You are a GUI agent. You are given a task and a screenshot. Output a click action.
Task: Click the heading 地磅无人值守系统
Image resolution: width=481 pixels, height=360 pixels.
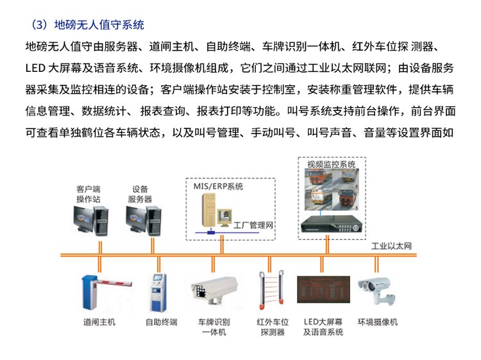pyautogui.click(x=99, y=25)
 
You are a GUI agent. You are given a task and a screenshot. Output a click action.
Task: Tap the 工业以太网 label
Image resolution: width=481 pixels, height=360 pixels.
pyautogui.click(x=391, y=246)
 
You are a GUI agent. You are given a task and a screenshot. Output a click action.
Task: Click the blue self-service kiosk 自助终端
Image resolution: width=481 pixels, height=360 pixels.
pyautogui.click(x=158, y=293)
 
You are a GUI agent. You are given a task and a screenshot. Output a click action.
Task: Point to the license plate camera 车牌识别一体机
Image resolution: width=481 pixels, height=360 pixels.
pyautogui.click(x=214, y=290)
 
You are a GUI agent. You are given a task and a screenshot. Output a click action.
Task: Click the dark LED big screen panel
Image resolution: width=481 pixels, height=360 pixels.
pyautogui.click(x=323, y=289)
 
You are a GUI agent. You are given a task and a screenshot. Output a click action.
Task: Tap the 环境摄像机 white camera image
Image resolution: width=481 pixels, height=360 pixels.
pyautogui.click(x=377, y=291)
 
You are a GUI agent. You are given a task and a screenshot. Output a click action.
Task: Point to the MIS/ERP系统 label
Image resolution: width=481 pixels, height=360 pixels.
pyautogui.click(x=218, y=186)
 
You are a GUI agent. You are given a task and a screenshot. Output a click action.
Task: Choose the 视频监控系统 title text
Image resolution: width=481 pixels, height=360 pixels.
pyautogui.click(x=332, y=164)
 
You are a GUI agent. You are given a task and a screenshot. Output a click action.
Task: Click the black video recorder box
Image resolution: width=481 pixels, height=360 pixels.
pyautogui.click(x=332, y=224)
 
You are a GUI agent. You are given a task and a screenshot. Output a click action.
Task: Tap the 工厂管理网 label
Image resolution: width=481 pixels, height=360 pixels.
pyautogui.click(x=253, y=225)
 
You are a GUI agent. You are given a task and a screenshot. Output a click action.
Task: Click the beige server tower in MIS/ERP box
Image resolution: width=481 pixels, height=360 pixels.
pyautogui.click(x=208, y=211)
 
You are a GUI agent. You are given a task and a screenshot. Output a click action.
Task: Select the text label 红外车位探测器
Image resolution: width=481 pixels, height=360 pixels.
pyautogui.click(x=273, y=327)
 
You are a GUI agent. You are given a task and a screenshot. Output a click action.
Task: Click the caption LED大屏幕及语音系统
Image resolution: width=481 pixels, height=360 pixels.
pyautogui.click(x=323, y=327)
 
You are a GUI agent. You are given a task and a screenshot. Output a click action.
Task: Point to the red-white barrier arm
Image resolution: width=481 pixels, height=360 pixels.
pyautogui.click(x=115, y=282)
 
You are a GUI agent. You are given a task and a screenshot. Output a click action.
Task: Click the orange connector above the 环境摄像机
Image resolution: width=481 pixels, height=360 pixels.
pyautogui.click(x=376, y=264)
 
